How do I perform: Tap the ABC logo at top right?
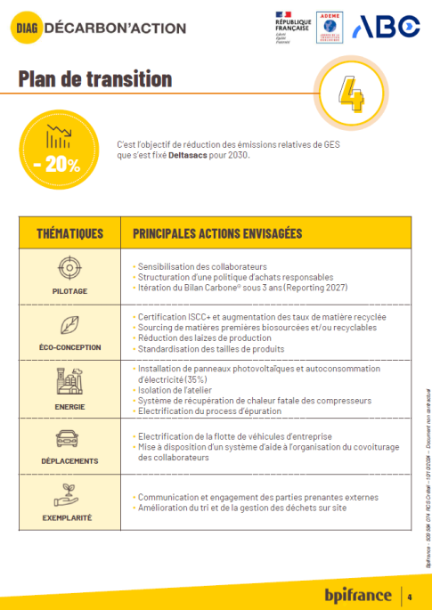pyautogui.click(x=386, y=27)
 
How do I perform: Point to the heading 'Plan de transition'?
pyautogui.click(x=95, y=79)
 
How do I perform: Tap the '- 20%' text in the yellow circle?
pyautogui.click(x=57, y=164)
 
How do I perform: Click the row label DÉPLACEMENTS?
pyautogui.click(x=69, y=461)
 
